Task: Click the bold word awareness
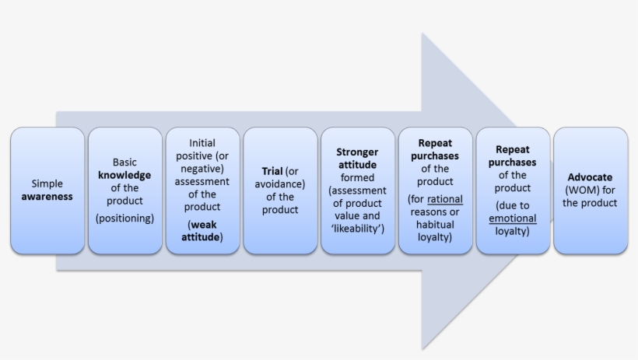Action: click(x=47, y=197)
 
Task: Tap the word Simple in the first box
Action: click(x=47, y=184)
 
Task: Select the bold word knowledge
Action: click(x=124, y=175)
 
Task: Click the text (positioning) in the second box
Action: click(x=124, y=218)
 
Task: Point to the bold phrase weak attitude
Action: click(x=202, y=231)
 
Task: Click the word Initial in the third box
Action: click(x=202, y=143)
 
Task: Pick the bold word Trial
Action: click(x=272, y=171)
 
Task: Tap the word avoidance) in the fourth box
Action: click(x=280, y=184)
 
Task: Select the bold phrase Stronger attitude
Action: click(x=357, y=159)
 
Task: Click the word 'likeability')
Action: click(x=357, y=229)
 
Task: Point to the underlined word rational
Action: click(x=444, y=200)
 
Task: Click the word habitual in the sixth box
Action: click(x=435, y=225)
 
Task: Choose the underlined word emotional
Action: click(x=513, y=218)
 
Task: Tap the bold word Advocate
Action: click(x=590, y=177)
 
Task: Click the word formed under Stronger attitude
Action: click(x=357, y=178)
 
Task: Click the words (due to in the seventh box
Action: click(x=513, y=206)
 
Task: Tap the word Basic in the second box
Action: click(x=124, y=163)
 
